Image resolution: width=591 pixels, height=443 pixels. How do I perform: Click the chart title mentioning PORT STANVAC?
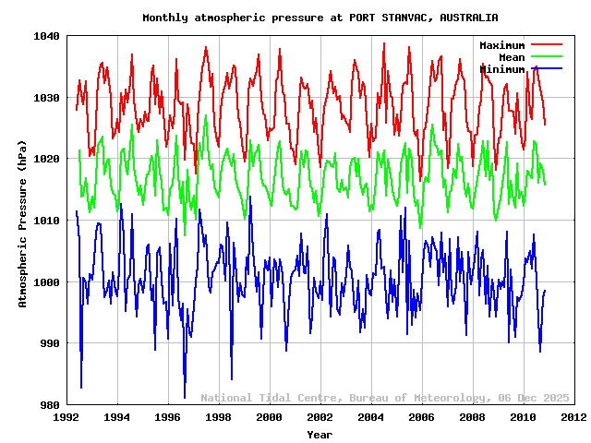pyautogui.click(x=320, y=18)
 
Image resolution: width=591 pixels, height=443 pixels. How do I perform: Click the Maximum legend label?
pyautogui.click(x=502, y=45)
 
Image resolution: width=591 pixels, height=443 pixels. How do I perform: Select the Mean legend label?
pyautogui.click(x=512, y=57)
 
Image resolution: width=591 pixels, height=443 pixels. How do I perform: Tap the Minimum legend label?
pyautogui.click(x=502, y=69)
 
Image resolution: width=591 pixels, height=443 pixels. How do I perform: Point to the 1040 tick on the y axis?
pyautogui.click(x=48, y=36)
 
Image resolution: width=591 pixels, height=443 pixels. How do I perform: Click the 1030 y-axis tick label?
pyautogui.click(x=48, y=98)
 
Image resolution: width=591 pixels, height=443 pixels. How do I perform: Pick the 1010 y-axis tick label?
pyautogui.click(x=48, y=221)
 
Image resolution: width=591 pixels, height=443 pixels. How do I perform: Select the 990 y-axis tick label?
pyautogui.click(x=51, y=343)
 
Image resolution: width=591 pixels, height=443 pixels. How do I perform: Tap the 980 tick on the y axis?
pyautogui.click(x=51, y=404)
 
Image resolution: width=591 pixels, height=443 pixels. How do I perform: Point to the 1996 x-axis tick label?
pyautogui.click(x=168, y=417)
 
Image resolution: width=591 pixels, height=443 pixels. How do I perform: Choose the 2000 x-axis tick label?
pyautogui.click(x=270, y=417)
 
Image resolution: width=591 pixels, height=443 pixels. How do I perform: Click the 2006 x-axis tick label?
pyautogui.click(x=422, y=417)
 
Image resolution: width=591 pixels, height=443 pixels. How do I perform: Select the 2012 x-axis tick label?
pyautogui.click(x=573, y=417)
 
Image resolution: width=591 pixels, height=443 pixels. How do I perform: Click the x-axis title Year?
pyautogui.click(x=320, y=434)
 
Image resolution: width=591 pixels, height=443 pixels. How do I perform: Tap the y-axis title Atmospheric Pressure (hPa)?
pyautogui.click(x=23, y=221)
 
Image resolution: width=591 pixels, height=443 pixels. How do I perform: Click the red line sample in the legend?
pyautogui.click(x=546, y=44)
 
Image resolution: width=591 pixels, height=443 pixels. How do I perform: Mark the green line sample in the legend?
pyautogui.click(x=546, y=56)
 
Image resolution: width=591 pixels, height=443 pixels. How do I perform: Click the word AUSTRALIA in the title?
pyautogui.click(x=469, y=18)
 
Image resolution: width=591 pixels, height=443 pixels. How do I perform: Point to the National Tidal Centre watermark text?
pyautogui.click(x=385, y=398)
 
